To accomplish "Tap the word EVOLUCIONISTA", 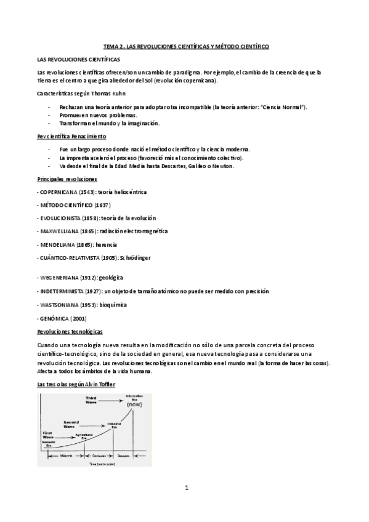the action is click(x=63, y=218).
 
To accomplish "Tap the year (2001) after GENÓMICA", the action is click(x=79, y=318).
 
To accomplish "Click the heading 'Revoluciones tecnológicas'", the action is click(x=70, y=332).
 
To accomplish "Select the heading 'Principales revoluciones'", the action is click(x=67, y=179).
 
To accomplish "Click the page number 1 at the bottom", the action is click(x=185, y=489).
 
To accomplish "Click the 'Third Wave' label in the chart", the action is click(x=91, y=400).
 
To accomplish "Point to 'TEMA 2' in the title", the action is click(x=113, y=46).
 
